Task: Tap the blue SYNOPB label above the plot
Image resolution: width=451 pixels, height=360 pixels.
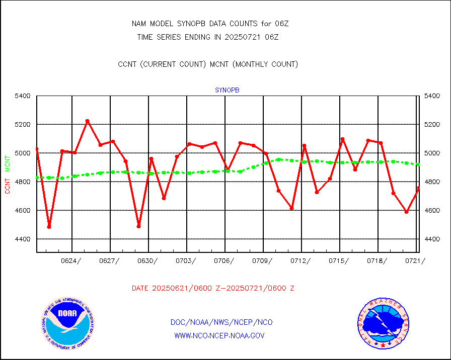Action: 227,90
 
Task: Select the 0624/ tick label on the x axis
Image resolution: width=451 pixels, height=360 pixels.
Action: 71,260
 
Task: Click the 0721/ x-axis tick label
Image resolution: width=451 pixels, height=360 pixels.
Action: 415,260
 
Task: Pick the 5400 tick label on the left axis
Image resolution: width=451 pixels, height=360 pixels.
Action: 23,96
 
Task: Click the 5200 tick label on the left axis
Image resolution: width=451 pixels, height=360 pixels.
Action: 23,124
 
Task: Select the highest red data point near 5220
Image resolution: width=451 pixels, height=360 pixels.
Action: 87,121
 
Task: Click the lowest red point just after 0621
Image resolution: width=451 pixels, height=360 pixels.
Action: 49,227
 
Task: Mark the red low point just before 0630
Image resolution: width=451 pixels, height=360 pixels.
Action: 138,226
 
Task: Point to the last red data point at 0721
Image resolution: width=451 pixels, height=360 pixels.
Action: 418,188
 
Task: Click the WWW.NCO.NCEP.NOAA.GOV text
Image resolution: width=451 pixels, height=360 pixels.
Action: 219,335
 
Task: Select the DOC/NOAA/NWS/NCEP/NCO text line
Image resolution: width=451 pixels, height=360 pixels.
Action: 221,322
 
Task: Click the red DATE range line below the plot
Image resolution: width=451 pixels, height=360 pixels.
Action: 213,288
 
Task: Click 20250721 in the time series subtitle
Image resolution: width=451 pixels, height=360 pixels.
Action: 247,37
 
